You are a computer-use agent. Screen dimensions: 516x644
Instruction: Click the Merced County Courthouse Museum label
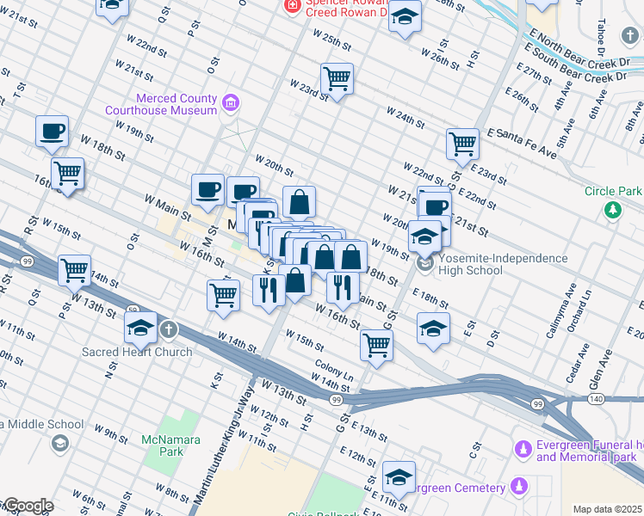161,104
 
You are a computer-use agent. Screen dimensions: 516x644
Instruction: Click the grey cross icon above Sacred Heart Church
169,329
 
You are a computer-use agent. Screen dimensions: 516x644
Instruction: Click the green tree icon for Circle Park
612,209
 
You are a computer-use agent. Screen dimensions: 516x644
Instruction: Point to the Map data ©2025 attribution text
606,509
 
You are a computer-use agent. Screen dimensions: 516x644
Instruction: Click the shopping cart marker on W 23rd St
337,79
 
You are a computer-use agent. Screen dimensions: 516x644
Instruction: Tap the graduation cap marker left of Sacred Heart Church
141,327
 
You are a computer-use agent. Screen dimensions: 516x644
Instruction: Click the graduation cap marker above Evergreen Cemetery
399,477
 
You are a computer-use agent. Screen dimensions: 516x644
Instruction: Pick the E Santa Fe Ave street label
521,143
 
